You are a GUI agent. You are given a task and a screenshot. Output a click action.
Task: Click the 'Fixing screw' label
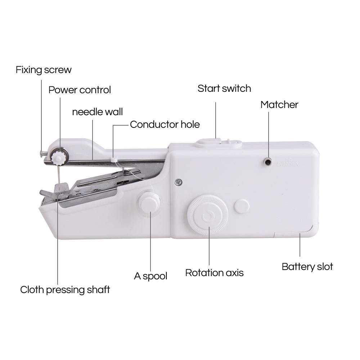click(44, 69)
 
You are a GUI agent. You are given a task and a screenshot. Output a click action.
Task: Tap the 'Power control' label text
click(80, 90)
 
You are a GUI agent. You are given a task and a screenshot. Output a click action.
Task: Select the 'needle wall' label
click(97, 112)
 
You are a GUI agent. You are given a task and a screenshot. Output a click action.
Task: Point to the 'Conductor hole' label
click(165, 125)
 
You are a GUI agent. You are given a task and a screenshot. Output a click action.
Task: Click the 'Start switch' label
click(224, 89)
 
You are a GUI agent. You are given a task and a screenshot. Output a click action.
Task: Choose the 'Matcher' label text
click(279, 105)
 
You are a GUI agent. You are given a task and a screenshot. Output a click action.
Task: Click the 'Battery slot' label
click(307, 267)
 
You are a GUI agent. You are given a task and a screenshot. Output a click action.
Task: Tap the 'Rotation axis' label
click(214, 273)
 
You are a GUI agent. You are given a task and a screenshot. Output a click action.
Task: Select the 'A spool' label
click(150, 276)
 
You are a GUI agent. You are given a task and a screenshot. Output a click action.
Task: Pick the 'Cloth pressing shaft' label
click(65, 289)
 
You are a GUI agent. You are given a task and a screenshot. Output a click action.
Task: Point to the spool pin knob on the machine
click(148, 203)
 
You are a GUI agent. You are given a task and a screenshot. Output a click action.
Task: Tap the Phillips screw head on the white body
click(177, 183)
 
